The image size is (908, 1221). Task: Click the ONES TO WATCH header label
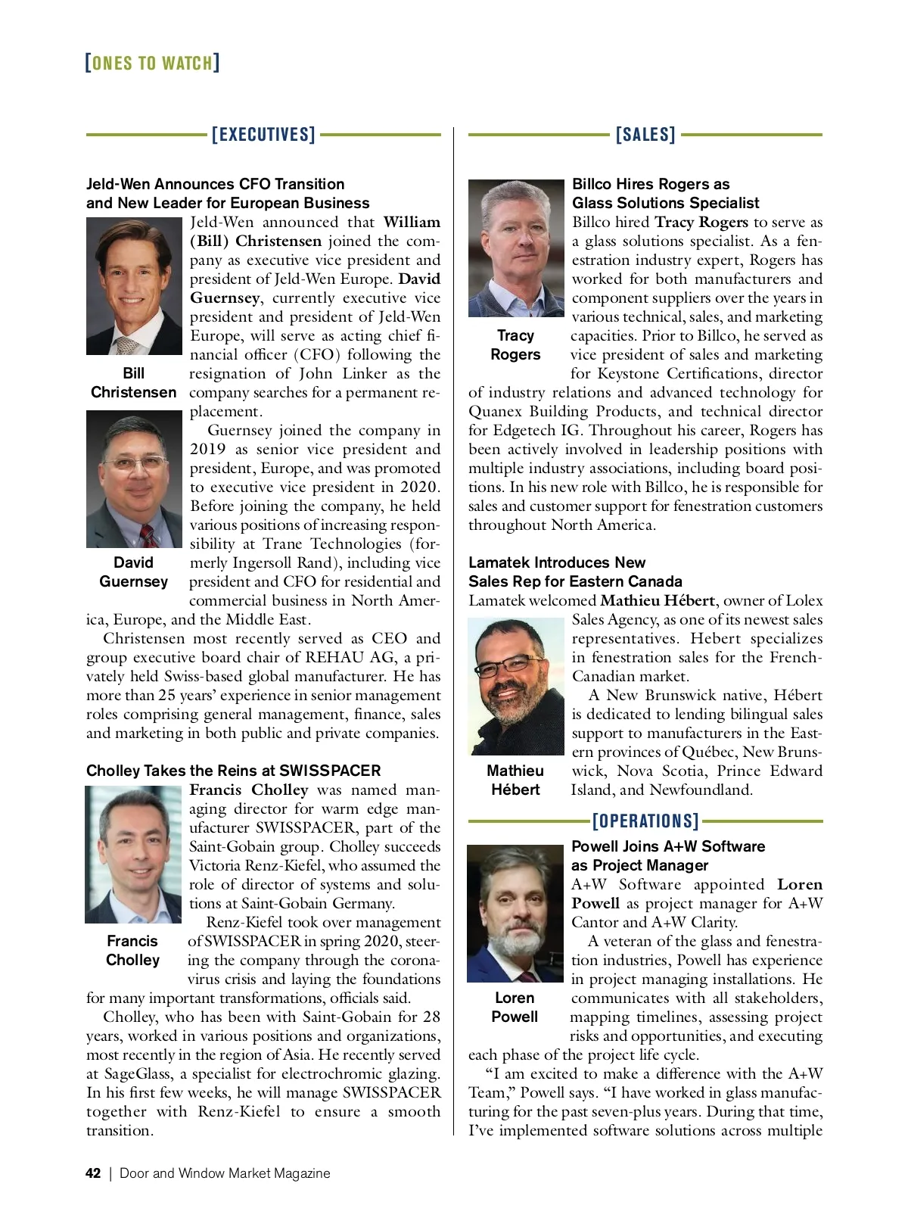(152, 62)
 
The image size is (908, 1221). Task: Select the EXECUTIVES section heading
(263, 135)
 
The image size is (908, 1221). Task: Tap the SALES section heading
(645, 135)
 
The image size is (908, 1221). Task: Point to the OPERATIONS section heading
(645, 821)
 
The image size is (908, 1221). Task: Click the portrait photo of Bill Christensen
(134, 286)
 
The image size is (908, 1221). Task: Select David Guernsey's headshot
(134, 479)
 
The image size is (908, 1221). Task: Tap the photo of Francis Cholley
(133, 855)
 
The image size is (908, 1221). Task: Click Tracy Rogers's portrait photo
(516, 248)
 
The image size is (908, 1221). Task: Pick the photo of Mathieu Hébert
(516, 687)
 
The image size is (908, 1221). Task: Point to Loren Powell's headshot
(515, 914)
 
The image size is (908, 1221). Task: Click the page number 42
(93, 1173)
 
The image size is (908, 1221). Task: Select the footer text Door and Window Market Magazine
(225, 1173)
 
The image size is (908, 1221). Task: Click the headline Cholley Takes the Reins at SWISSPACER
(233, 771)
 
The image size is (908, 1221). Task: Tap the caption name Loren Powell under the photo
(515, 1008)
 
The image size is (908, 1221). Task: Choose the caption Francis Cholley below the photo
(133, 951)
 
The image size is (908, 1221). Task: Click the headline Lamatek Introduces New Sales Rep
(575, 572)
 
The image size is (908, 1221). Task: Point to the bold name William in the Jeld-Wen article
(412, 223)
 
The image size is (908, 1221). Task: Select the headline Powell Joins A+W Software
(668, 855)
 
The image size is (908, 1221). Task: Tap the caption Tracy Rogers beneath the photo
(515, 345)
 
